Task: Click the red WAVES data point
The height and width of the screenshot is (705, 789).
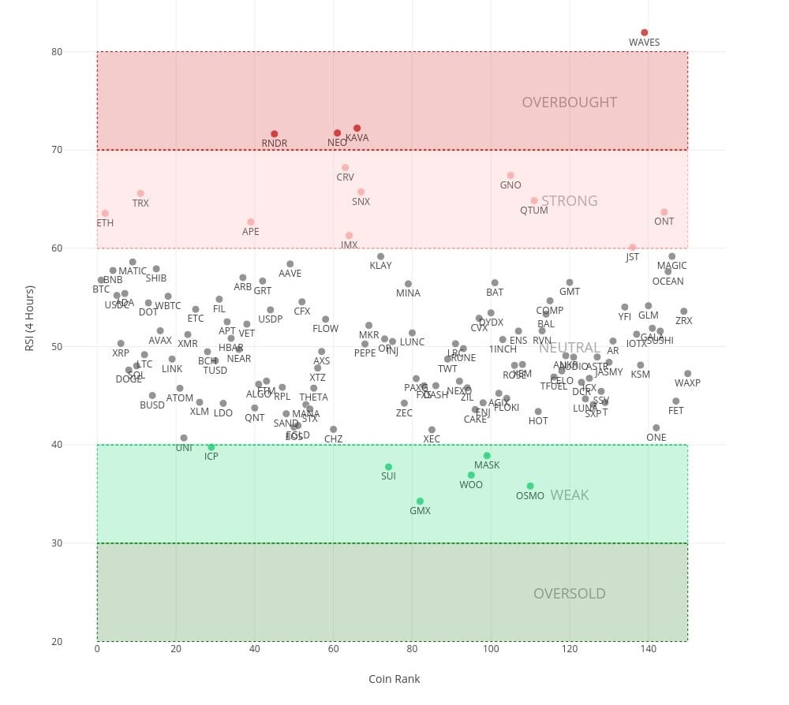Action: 645,32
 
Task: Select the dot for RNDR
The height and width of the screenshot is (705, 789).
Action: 275,134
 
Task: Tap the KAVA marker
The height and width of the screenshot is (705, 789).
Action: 357,128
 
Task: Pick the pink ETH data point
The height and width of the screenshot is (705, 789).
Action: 105,213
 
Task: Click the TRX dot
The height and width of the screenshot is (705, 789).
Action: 140,193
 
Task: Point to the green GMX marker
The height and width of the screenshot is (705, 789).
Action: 420,501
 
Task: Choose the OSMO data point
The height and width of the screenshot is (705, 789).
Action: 530,486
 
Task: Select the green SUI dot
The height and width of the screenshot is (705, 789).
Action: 388,467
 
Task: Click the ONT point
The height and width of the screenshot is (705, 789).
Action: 664,211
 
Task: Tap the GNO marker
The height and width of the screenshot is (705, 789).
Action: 510,175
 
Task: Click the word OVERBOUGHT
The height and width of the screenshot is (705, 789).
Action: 569,103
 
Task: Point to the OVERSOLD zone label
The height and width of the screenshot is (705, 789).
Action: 569,594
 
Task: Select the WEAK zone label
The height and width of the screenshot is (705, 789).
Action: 569,495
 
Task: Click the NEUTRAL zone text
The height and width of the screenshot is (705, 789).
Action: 569,348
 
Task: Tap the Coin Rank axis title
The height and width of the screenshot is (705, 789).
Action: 394,679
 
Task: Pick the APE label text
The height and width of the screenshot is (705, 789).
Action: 250,232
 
